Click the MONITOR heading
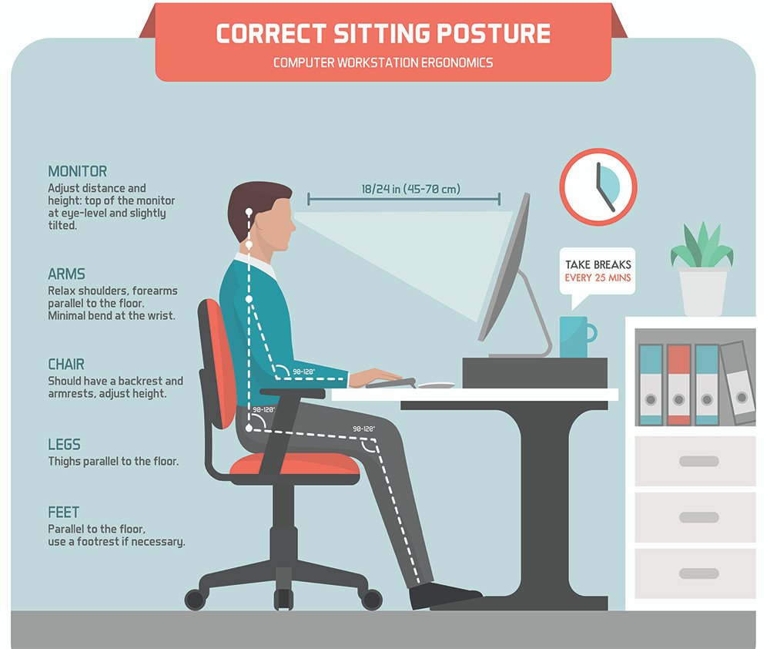[x=77, y=171]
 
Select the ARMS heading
[x=66, y=274]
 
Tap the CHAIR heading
[x=66, y=364]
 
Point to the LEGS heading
[x=64, y=445]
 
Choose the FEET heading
[x=63, y=512]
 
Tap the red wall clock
[x=598, y=187]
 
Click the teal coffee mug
[x=574, y=337]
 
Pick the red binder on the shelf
[x=678, y=384]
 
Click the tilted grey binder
[x=738, y=382]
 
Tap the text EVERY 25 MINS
[x=598, y=278]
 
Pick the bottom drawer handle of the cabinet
[x=698, y=573]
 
